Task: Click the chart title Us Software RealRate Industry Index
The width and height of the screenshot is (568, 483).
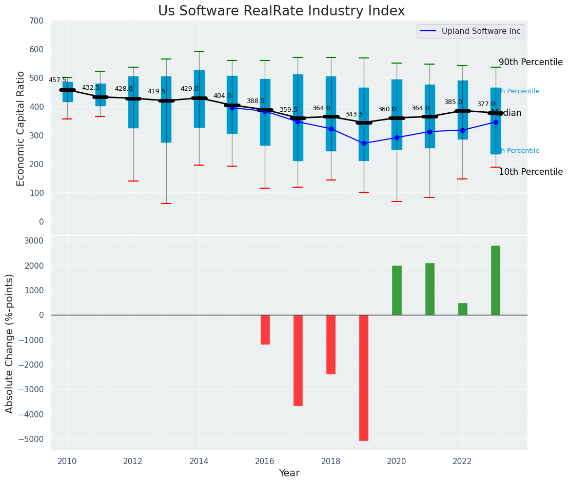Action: click(x=281, y=11)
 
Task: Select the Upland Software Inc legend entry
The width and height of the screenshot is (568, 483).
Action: click(x=470, y=31)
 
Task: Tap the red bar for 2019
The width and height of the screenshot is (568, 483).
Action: click(x=364, y=377)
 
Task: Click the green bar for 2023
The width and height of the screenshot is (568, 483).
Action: click(x=495, y=280)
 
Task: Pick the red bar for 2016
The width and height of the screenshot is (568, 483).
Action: click(x=265, y=329)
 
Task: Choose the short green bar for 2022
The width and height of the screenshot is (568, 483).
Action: click(x=463, y=309)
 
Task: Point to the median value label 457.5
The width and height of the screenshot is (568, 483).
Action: click(x=57, y=80)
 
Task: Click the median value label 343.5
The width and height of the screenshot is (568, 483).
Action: click(x=354, y=114)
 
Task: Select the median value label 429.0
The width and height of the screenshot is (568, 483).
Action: click(x=189, y=89)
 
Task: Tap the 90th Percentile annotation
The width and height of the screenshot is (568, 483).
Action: click(x=531, y=62)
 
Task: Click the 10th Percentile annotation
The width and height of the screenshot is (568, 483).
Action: click(x=531, y=172)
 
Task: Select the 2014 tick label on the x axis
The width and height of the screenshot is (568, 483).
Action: click(x=199, y=461)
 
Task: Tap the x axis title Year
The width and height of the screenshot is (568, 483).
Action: click(x=289, y=473)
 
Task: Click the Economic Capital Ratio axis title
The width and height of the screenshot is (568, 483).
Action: click(x=21, y=129)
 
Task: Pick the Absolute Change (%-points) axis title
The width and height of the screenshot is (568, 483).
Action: click(x=10, y=343)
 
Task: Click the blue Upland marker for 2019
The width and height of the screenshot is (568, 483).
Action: click(x=364, y=143)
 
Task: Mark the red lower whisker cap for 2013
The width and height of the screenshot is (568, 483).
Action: click(x=166, y=204)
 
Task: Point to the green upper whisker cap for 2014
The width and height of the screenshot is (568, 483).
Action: click(x=199, y=51)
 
